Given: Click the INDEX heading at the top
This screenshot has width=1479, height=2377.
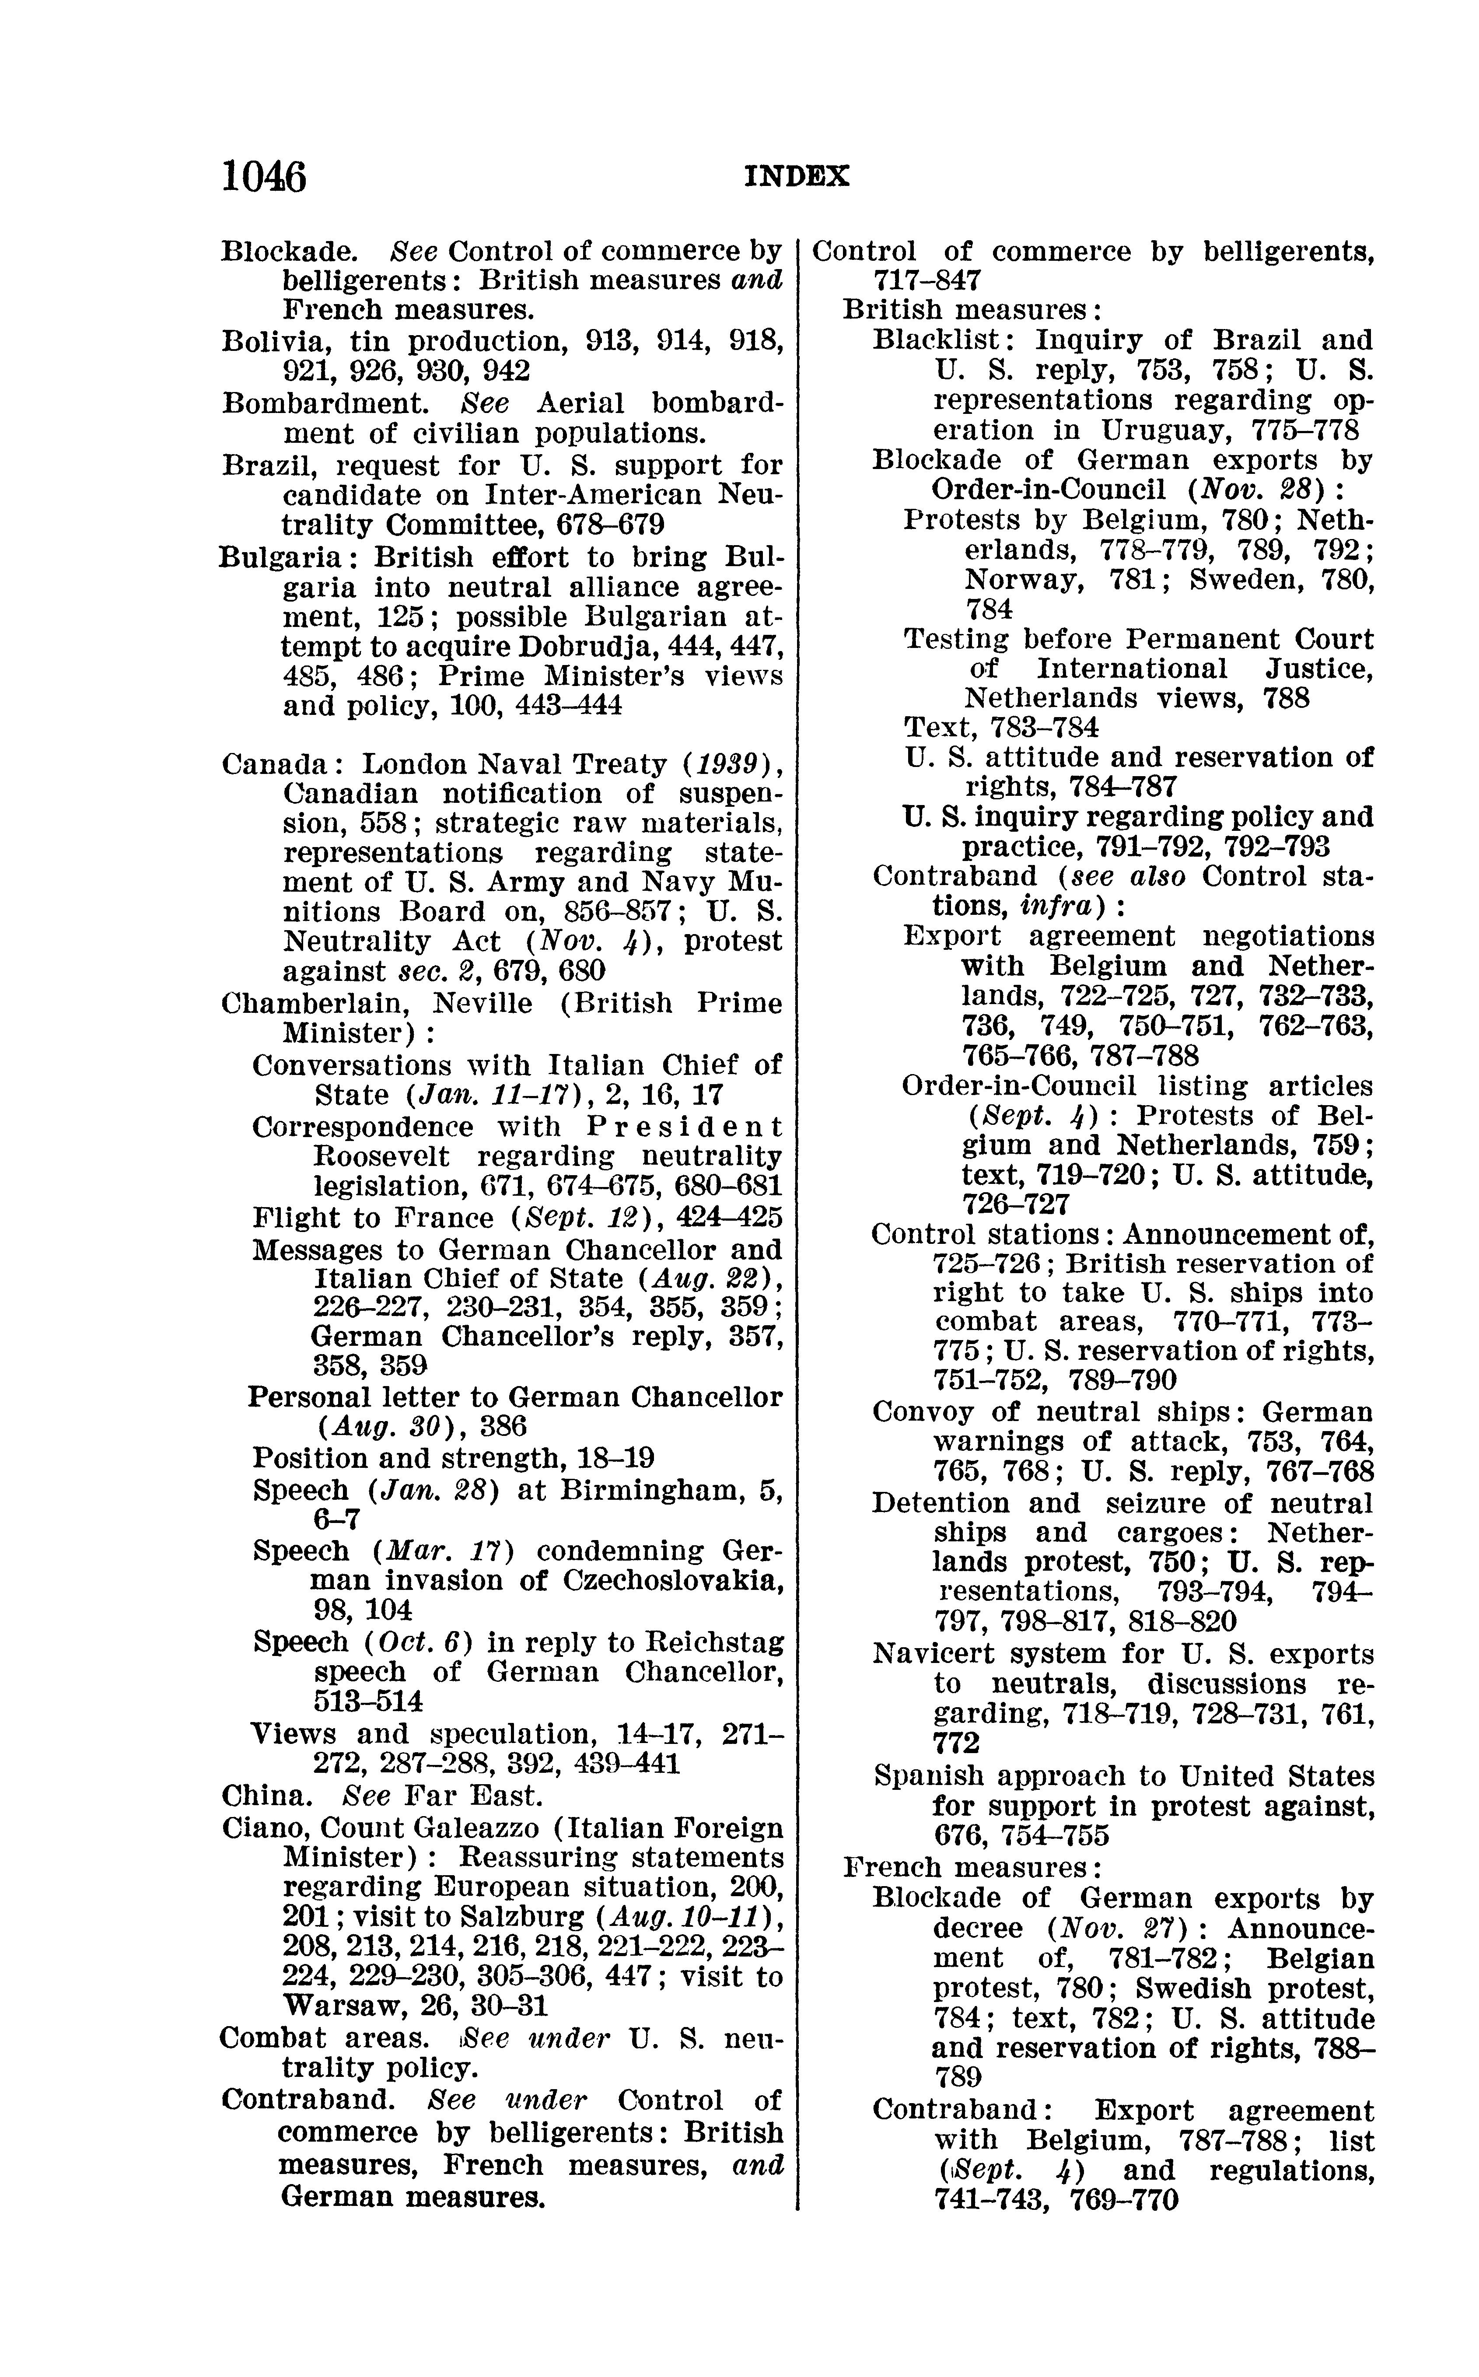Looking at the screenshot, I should pos(797,176).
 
